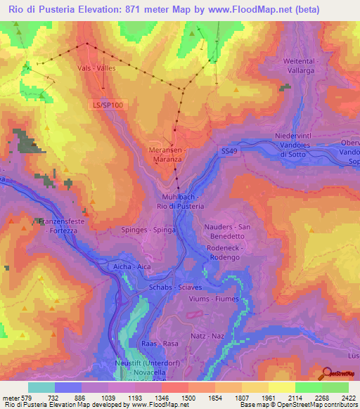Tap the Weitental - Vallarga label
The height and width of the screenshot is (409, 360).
coord(302,66)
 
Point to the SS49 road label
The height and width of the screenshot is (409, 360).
coord(229,151)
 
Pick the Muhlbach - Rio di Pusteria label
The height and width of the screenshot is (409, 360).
coord(181,202)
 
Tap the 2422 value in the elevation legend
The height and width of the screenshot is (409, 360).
coord(348,398)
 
